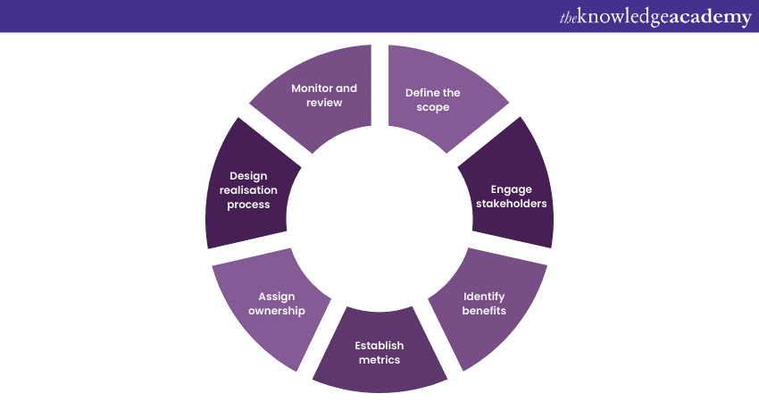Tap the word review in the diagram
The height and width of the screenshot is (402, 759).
click(324, 103)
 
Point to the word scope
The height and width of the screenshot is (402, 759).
click(432, 106)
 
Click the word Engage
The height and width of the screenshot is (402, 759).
click(510, 189)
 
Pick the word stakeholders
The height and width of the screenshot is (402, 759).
click(510, 204)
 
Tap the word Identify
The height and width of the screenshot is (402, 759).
click(484, 296)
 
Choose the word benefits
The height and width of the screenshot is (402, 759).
click(484, 310)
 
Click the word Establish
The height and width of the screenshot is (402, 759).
click(379, 346)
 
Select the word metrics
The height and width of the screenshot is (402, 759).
click(379, 360)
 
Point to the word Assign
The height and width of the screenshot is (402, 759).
click(276, 297)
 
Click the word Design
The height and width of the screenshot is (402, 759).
click(247, 176)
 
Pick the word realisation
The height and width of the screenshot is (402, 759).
click(247, 190)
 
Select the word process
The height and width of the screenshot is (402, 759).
click(247, 205)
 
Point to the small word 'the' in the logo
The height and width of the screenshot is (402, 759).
click(569, 17)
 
